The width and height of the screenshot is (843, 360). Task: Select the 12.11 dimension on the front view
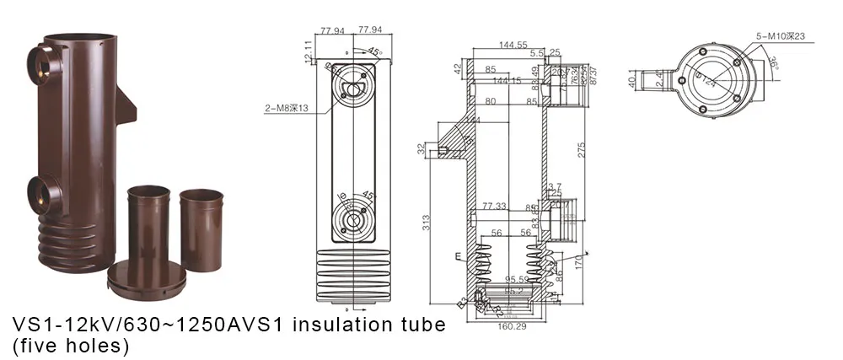click(308, 51)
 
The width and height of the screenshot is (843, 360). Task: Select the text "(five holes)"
click(69, 346)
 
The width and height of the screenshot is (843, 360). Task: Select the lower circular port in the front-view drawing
click(351, 220)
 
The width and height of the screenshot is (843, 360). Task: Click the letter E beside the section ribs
click(458, 255)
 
